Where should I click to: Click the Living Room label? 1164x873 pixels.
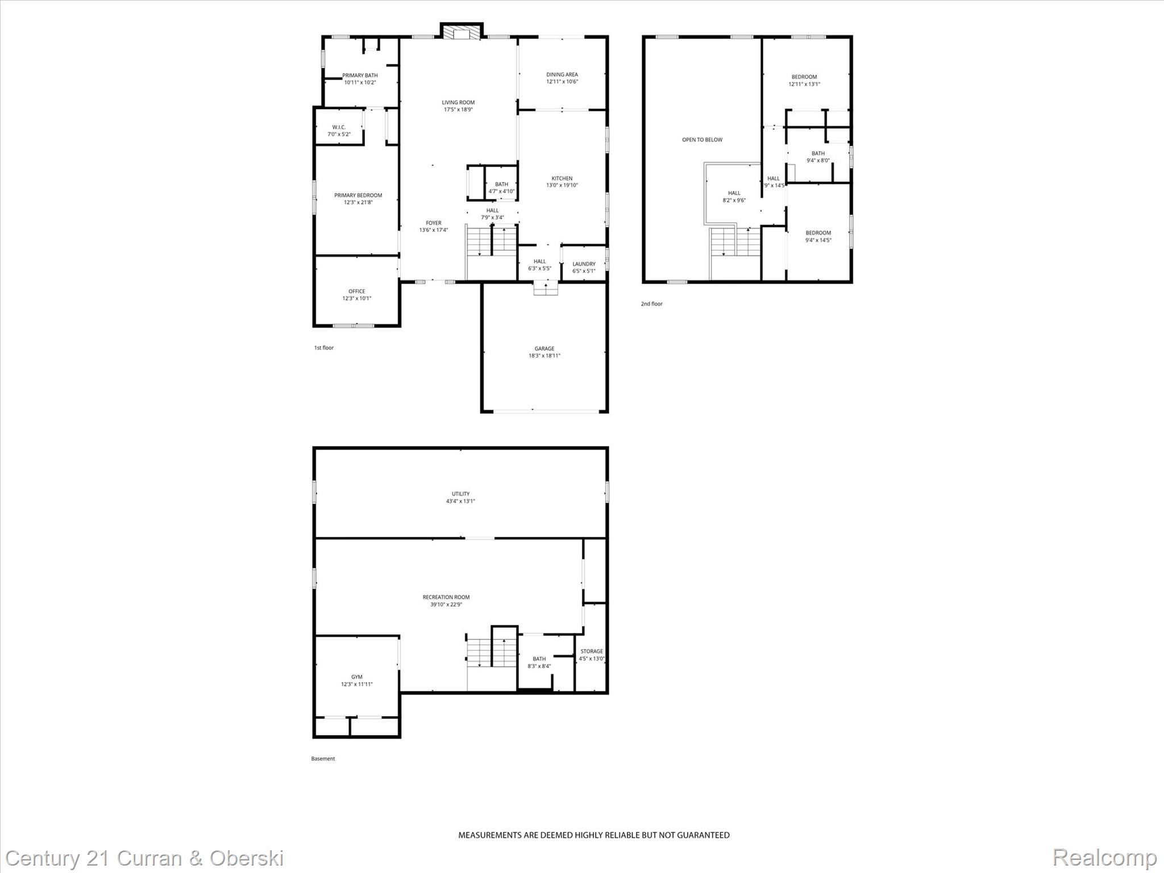[x=458, y=103]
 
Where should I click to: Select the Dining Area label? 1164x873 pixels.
[x=562, y=74]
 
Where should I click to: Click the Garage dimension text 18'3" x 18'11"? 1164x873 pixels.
[x=544, y=356]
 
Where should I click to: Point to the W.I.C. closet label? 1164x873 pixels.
[x=339, y=127]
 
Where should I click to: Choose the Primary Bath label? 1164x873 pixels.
[x=360, y=76]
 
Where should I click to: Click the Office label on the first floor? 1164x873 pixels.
[x=357, y=292]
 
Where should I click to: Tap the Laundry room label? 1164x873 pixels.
[x=584, y=264]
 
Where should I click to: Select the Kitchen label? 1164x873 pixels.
[x=562, y=178]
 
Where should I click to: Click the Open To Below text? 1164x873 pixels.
[x=702, y=140]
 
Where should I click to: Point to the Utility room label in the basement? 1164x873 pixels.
[x=460, y=494]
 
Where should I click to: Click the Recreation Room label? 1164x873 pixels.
[x=446, y=597]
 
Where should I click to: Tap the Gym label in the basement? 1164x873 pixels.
[x=357, y=677]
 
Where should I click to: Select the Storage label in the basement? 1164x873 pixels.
[x=592, y=651]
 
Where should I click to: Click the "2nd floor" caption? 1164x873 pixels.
[x=652, y=304]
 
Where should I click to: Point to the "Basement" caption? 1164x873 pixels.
[x=323, y=759]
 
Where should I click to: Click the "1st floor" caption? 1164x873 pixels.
[x=324, y=348]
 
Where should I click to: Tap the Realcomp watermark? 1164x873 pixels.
[x=1104, y=858]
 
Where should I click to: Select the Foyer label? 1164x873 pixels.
[x=434, y=223]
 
